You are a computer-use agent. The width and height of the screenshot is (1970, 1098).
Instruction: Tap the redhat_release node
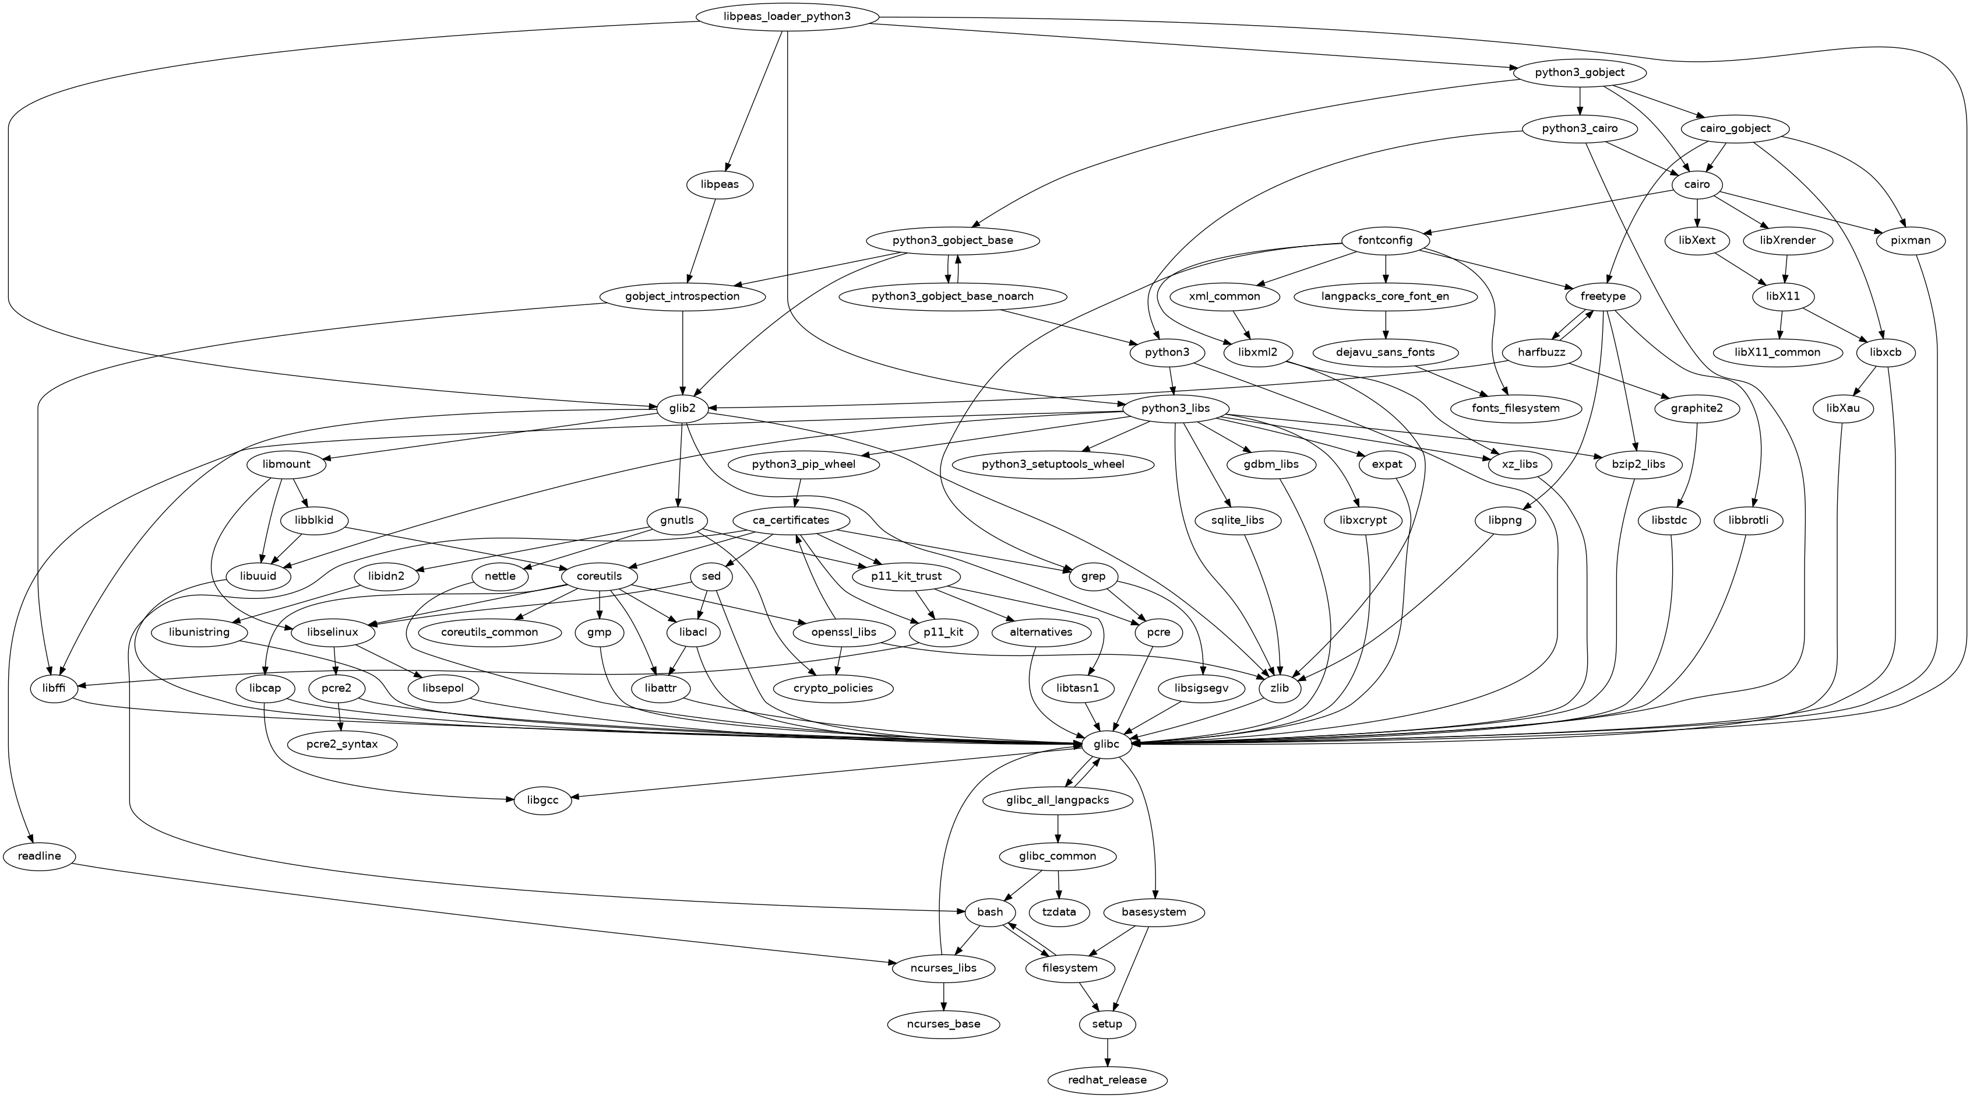tap(1107, 1080)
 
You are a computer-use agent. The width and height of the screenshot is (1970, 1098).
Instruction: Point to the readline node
tap(39, 855)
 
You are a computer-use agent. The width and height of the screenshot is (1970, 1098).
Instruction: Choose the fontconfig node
tap(1385, 240)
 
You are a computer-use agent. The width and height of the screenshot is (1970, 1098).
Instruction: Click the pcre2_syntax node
tap(343, 743)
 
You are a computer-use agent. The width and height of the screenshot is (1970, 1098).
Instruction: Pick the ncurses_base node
tap(945, 1024)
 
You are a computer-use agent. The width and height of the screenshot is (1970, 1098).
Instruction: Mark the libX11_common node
tap(1777, 352)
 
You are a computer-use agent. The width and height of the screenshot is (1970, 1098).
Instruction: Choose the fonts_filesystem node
tap(1515, 408)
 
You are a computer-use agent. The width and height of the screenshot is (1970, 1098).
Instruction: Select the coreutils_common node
tap(489, 632)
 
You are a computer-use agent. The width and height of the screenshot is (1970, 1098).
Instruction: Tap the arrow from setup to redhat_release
tap(1107, 1052)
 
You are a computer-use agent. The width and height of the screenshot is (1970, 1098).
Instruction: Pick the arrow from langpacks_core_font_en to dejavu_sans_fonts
tap(1386, 324)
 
